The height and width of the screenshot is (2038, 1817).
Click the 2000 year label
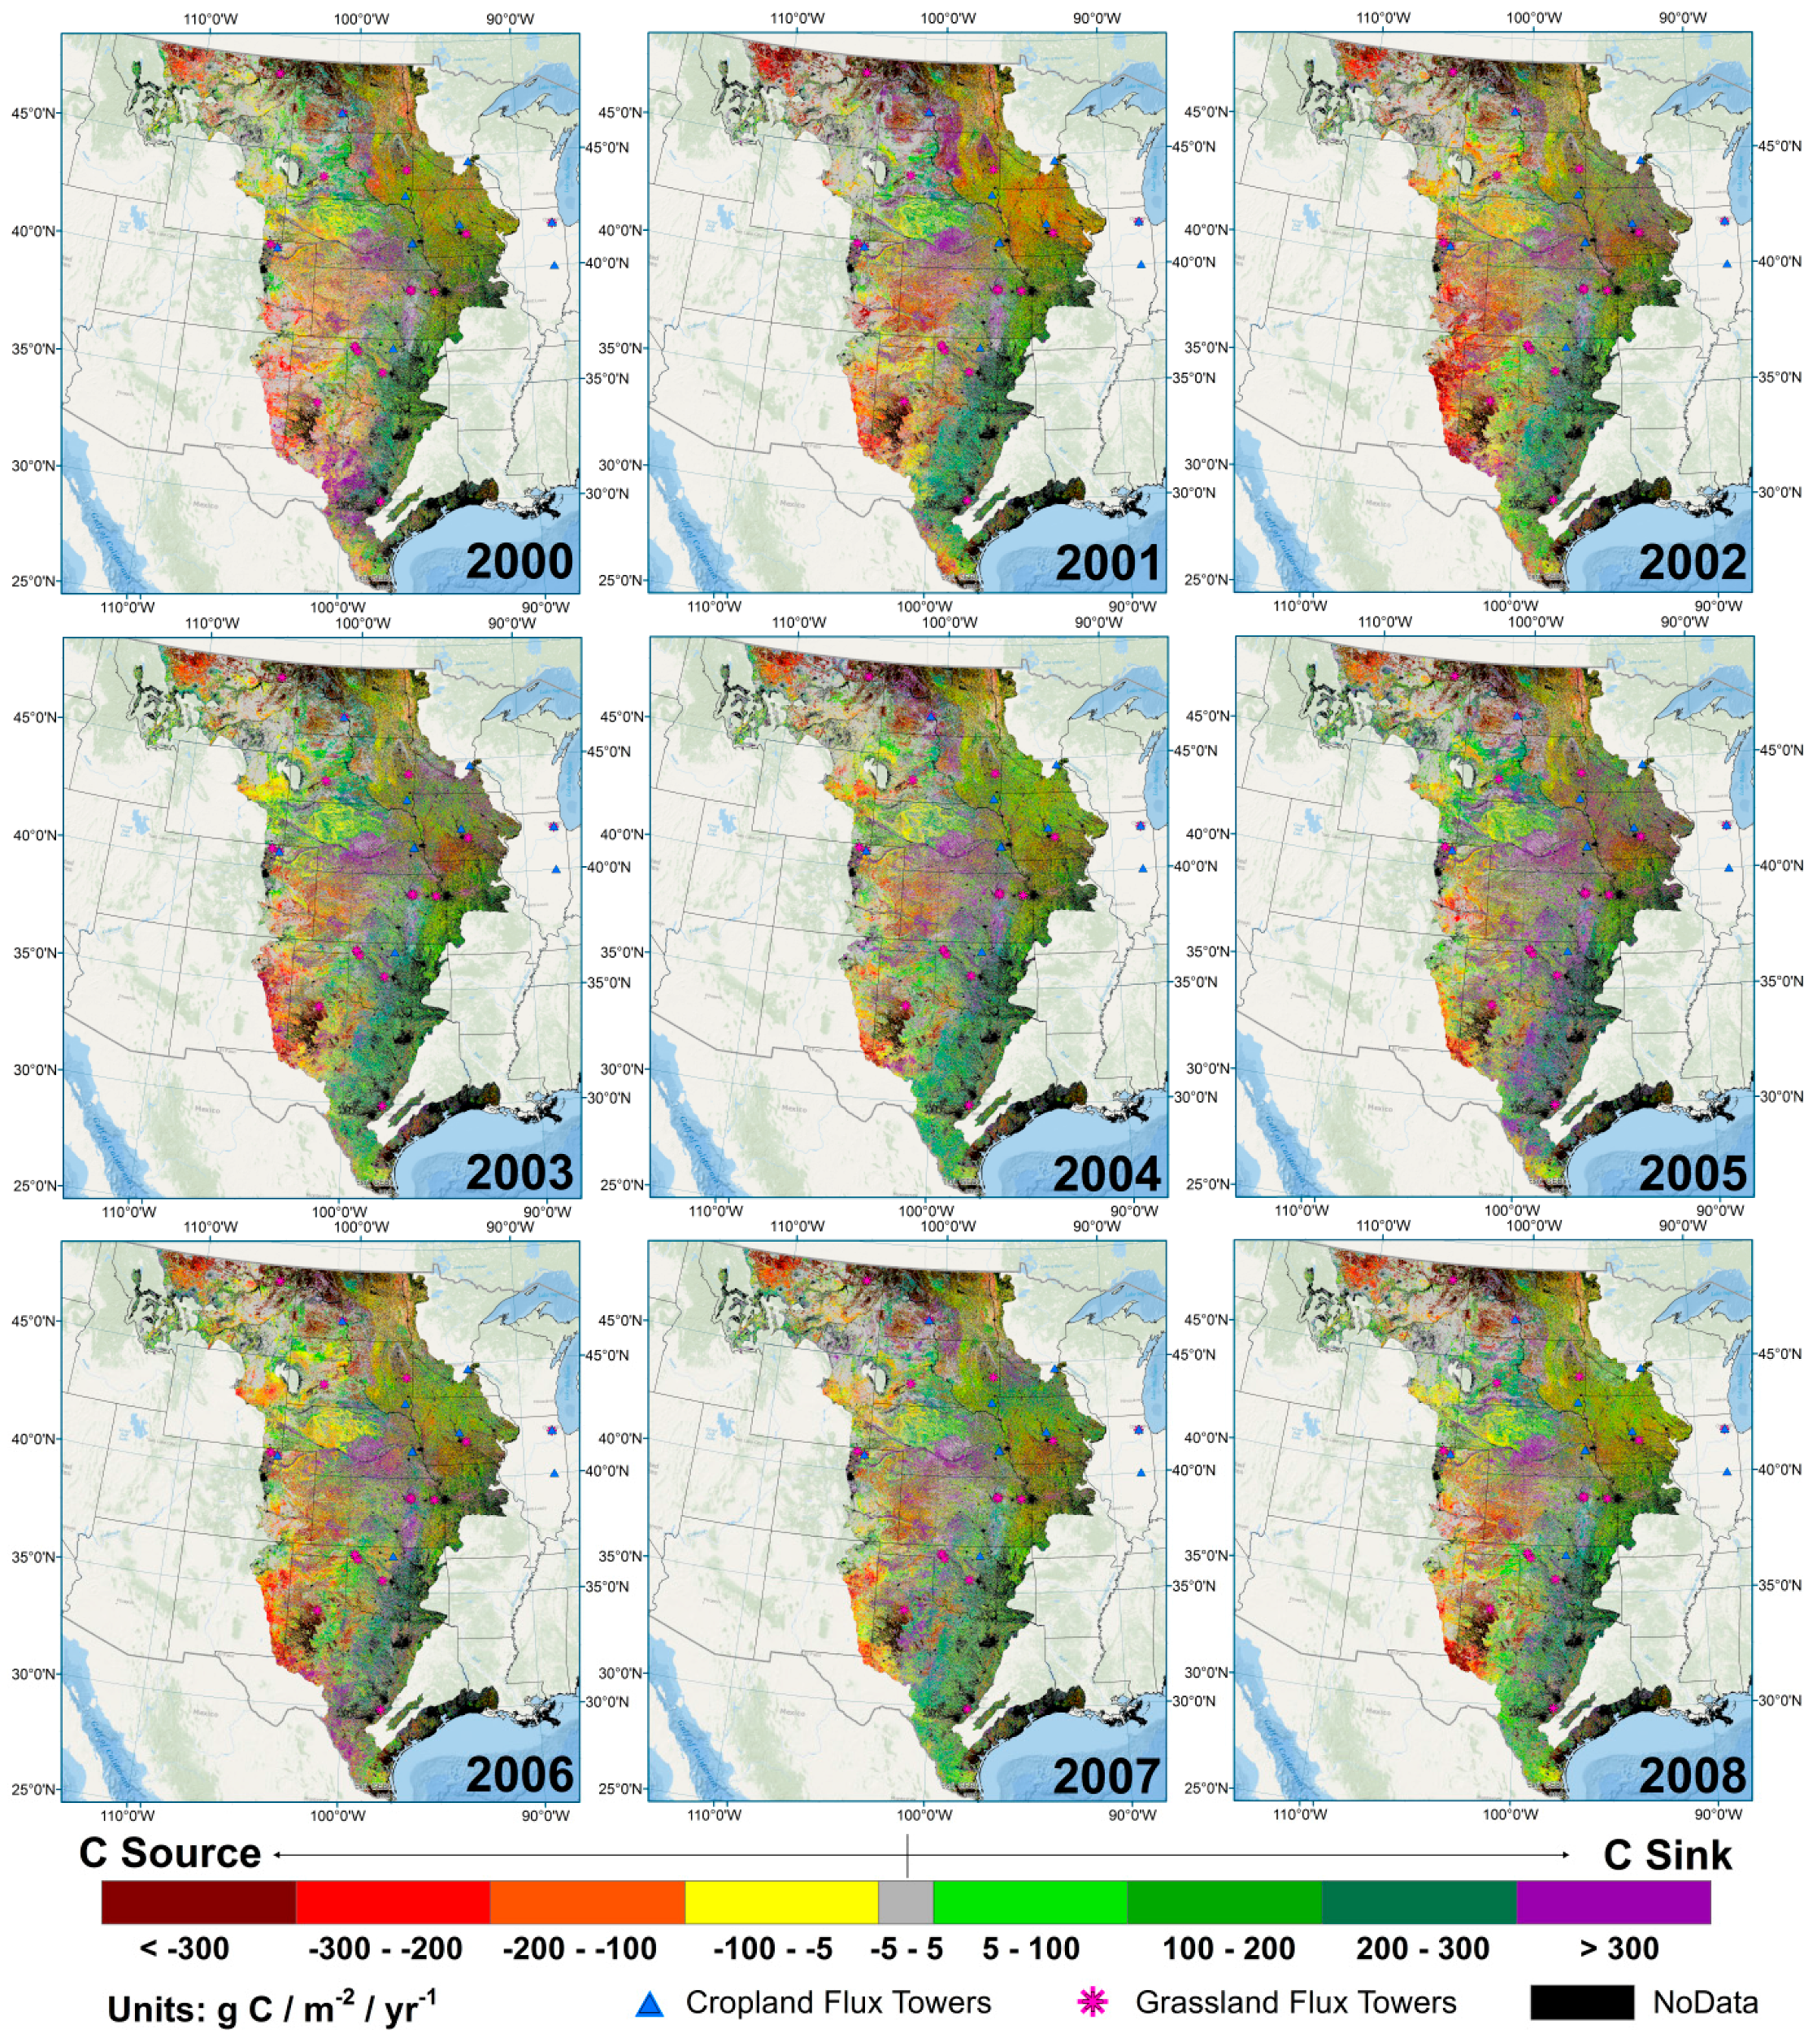click(519, 562)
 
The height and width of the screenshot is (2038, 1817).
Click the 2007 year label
click(1107, 1778)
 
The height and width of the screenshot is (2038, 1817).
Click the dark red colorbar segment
click(198, 1902)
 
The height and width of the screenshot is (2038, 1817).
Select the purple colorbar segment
click(1612, 1902)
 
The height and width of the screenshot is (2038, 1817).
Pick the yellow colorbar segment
click(780, 1902)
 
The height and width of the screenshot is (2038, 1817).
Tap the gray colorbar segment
click(906, 1902)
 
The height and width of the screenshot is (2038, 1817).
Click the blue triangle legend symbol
click(650, 2003)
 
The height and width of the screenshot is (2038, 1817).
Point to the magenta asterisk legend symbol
click(1093, 2002)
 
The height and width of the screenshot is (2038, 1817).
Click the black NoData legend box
click(1581, 2002)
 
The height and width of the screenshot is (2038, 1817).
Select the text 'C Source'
click(170, 1853)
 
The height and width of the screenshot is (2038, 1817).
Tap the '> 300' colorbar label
click(1619, 1948)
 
